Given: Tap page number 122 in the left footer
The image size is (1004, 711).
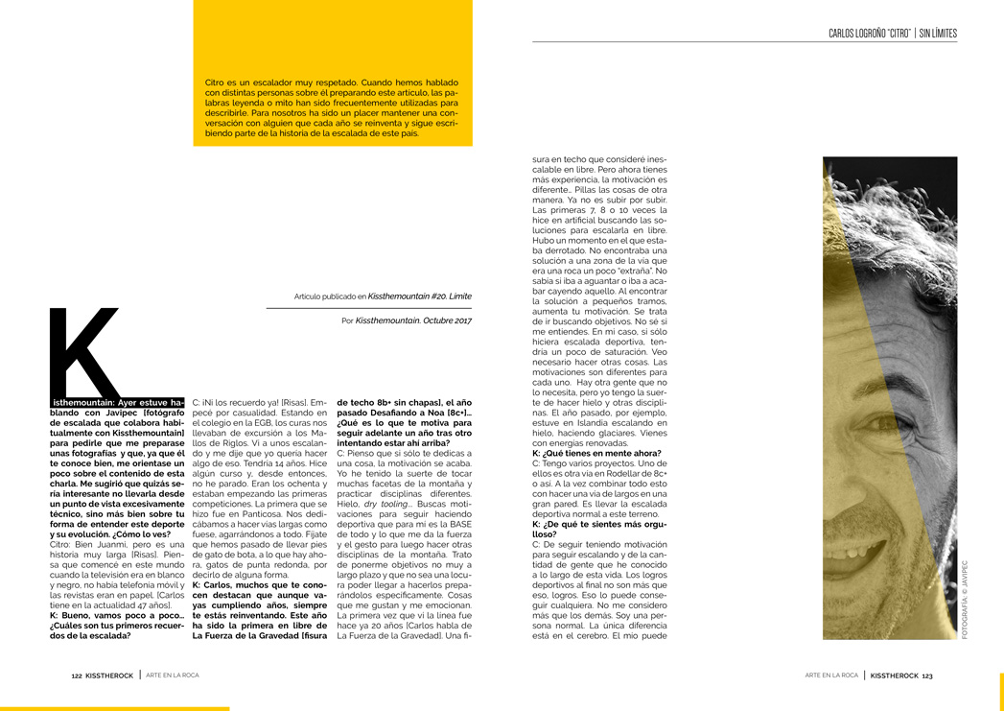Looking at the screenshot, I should coord(77,675).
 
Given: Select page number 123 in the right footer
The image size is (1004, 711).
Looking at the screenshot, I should coord(926,675).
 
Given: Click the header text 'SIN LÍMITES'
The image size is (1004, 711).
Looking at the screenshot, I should coord(937,34).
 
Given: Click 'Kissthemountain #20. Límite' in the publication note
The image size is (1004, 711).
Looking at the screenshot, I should coord(419,296).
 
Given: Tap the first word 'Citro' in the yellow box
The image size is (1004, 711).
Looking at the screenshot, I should coord(215,83).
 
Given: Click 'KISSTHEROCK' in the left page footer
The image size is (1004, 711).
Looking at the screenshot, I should coord(109,675).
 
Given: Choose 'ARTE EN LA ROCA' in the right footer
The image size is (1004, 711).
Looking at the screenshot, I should coord(830,675).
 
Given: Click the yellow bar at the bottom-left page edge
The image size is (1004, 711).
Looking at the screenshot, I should coord(115,708).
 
